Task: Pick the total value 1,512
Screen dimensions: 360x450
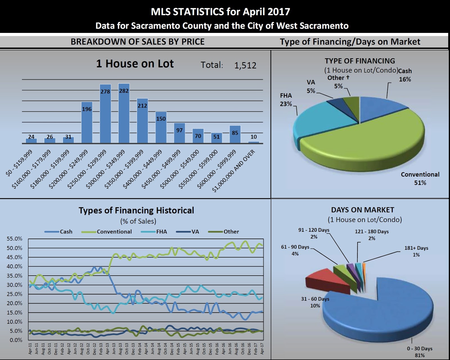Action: click(245, 66)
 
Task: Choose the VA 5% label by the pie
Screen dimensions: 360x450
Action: click(311, 87)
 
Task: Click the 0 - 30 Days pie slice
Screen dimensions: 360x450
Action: click(388, 312)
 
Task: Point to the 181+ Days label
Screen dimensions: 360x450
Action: click(416, 251)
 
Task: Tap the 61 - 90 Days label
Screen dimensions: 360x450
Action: click(295, 250)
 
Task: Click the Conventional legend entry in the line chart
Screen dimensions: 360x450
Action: click(114, 232)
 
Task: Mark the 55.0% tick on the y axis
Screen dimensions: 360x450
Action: click(14, 239)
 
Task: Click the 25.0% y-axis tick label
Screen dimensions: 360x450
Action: click(14, 294)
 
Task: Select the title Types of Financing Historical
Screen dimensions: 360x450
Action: click(136, 210)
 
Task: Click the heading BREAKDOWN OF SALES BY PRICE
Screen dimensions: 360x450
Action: click(138, 42)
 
